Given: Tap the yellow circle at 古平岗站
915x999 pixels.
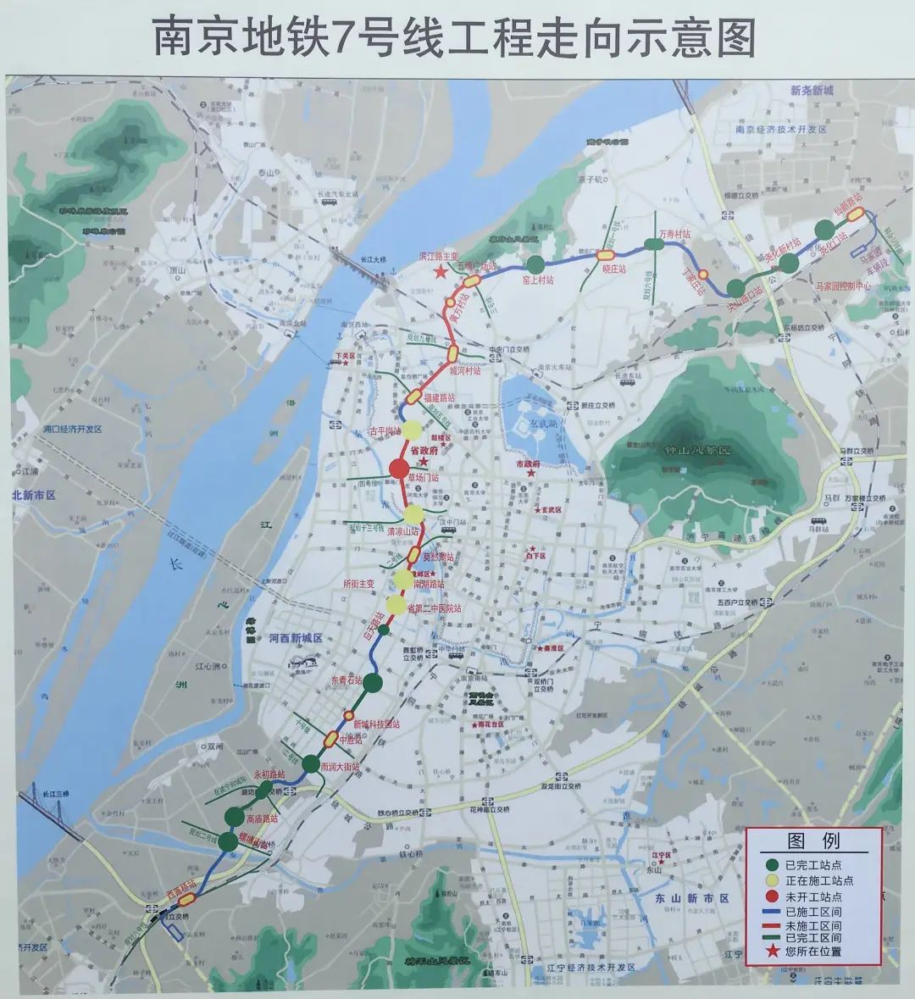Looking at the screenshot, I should click(x=412, y=430).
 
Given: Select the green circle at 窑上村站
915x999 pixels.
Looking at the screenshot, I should click(x=535, y=264).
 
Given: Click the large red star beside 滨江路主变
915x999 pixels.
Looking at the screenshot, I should click(x=440, y=272).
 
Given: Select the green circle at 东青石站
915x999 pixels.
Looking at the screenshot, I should click(x=374, y=682).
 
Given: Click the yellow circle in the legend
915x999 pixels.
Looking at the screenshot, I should click(x=771, y=880).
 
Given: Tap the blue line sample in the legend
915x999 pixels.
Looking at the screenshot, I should click(x=771, y=911).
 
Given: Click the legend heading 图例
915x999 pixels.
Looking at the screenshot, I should click(x=813, y=842).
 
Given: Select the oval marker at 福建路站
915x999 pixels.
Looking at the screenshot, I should click(x=413, y=396).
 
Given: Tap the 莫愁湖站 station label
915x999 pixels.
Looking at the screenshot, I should click(x=438, y=558).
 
